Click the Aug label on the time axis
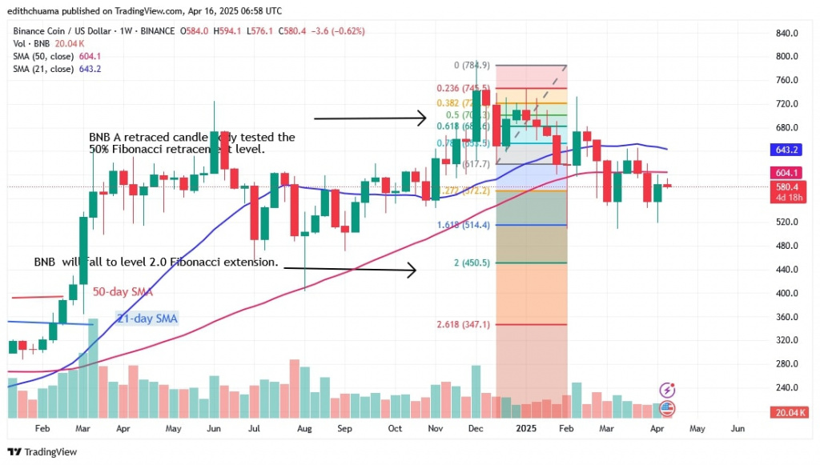pyautogui.click(x=303, y=429)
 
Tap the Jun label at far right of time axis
pyautogui.click(x=738, y=429)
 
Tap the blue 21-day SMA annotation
pyautogui.click(x=147, y=319)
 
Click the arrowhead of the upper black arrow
pyautogui.click(x=423, y=119)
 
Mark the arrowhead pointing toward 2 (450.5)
pyautogui.click(x=413, y=271)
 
